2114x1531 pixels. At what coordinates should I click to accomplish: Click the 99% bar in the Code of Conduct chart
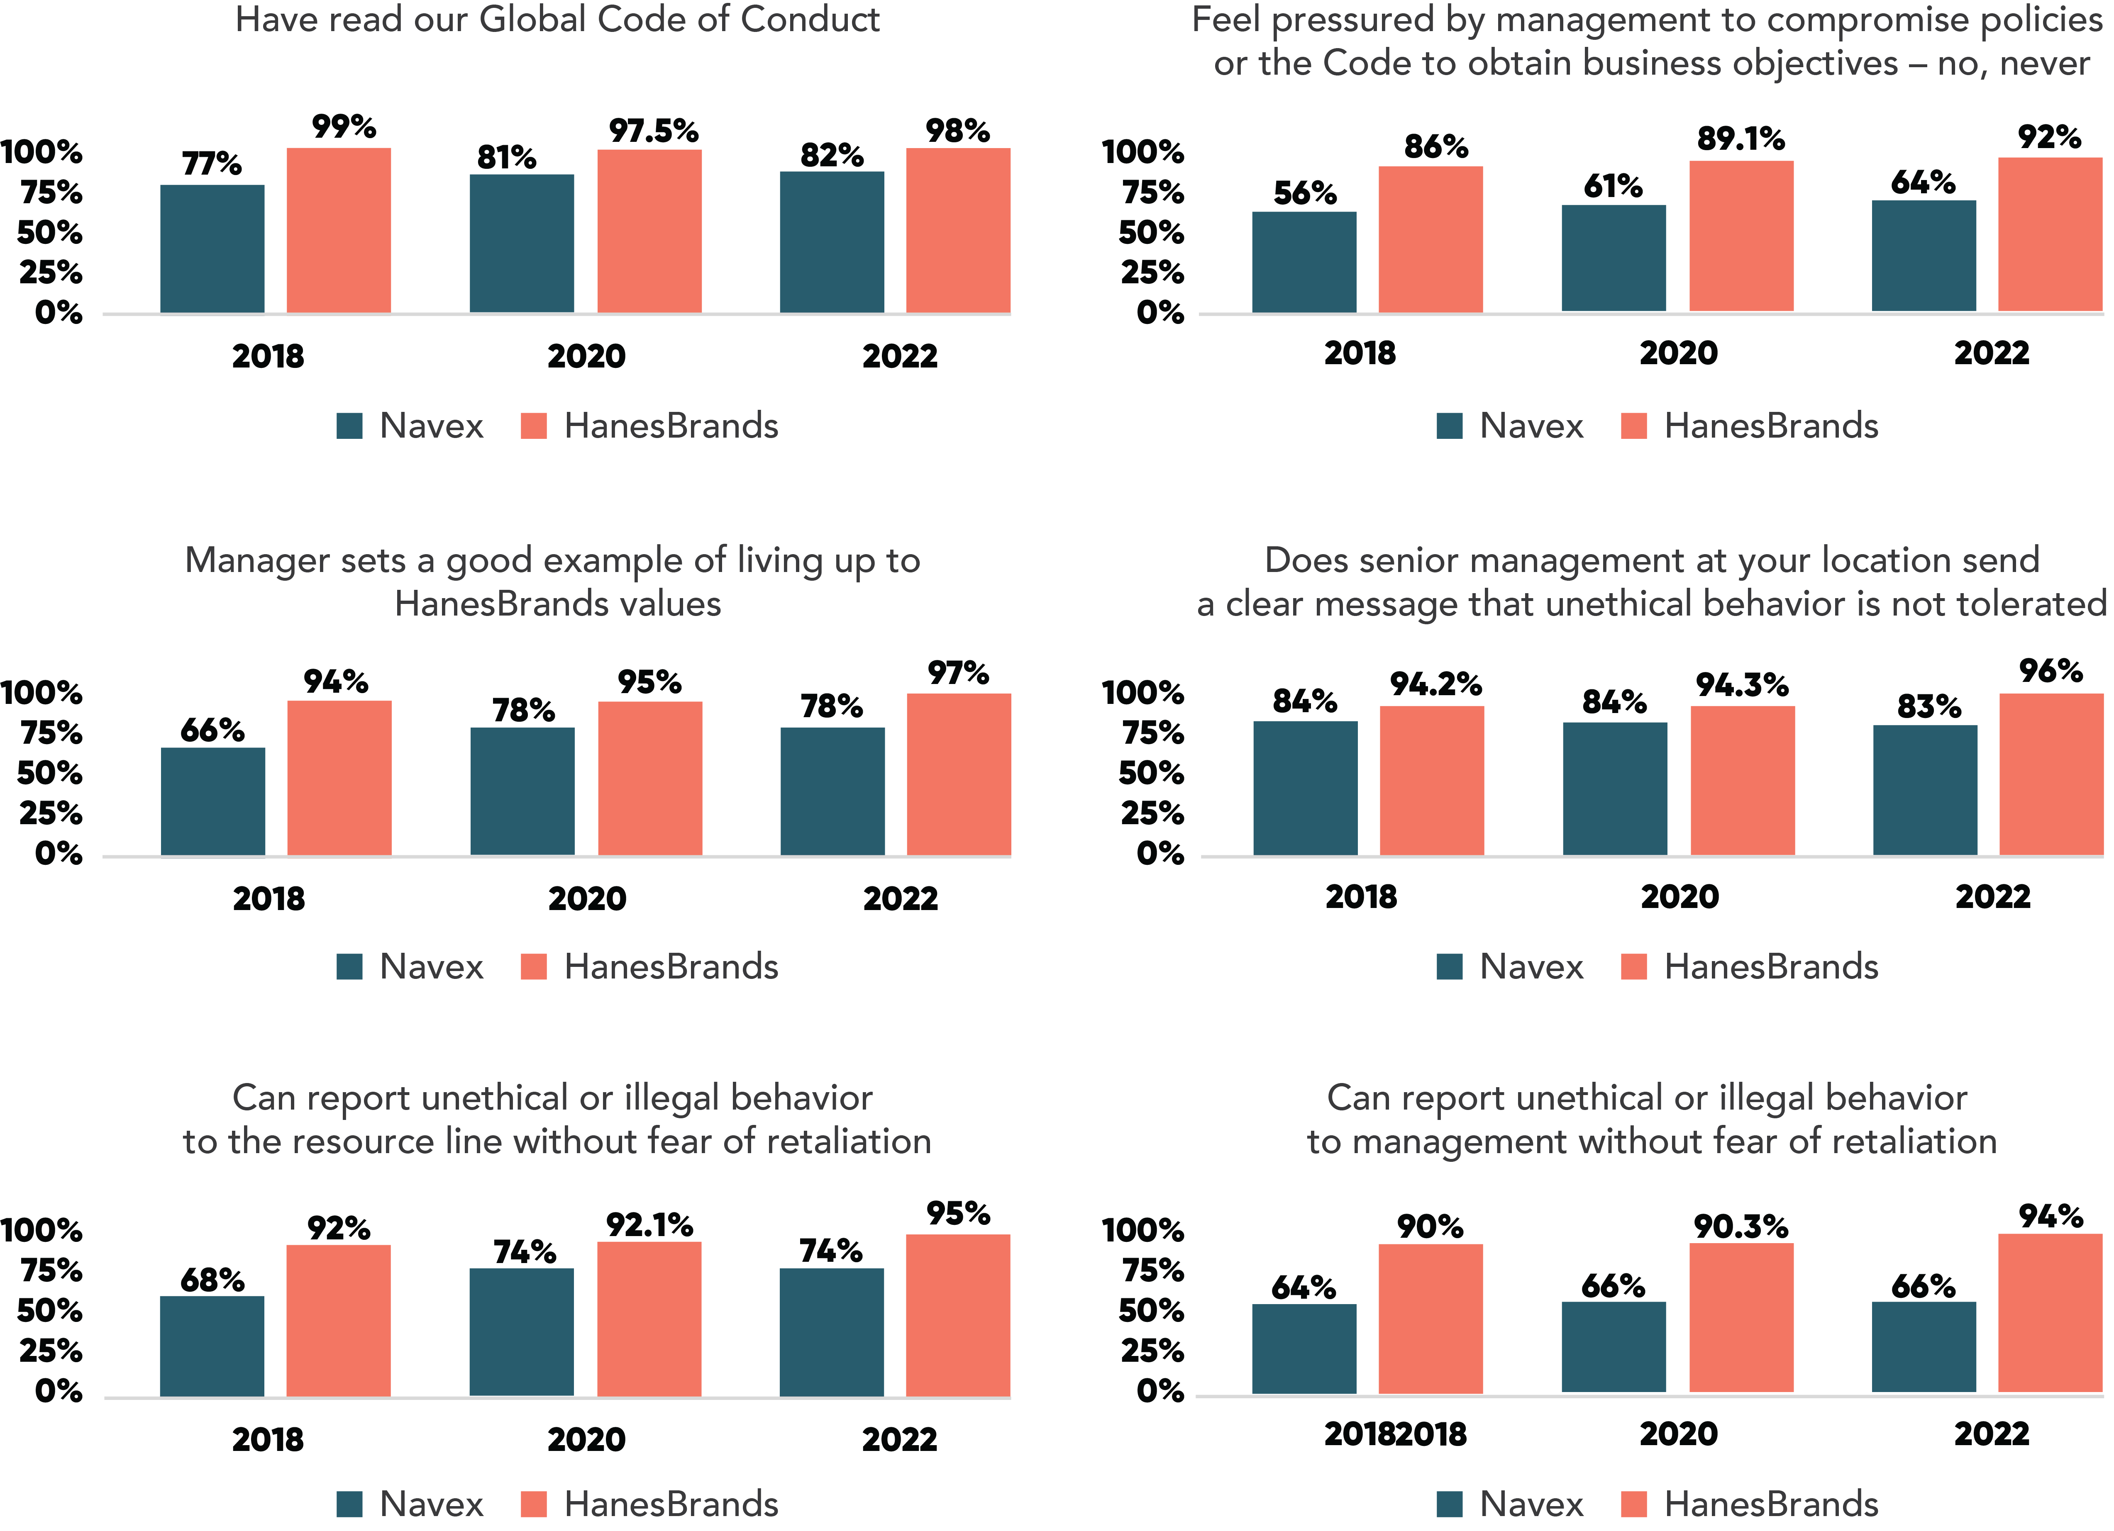click(x=338, y=230)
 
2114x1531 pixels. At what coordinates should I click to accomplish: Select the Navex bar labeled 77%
click(x=212, y=249)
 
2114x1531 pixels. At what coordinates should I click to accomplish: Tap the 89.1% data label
click(x=1740, y=139)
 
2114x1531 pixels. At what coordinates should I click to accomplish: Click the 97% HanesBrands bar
click(x=959, y=774)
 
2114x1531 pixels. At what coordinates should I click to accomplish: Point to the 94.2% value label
click(x=1435, y=685)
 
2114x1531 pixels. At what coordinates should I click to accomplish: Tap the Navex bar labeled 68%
click(x=212, y=1346)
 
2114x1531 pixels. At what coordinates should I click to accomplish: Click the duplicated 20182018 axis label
click(x=1395, y=1434)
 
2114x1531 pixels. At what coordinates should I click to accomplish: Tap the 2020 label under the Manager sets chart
click(x=587, y=899)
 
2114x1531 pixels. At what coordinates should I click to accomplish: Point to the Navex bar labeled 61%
click(x=1614, y=258)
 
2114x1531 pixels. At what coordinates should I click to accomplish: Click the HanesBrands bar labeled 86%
click(x=1431, y=239)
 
